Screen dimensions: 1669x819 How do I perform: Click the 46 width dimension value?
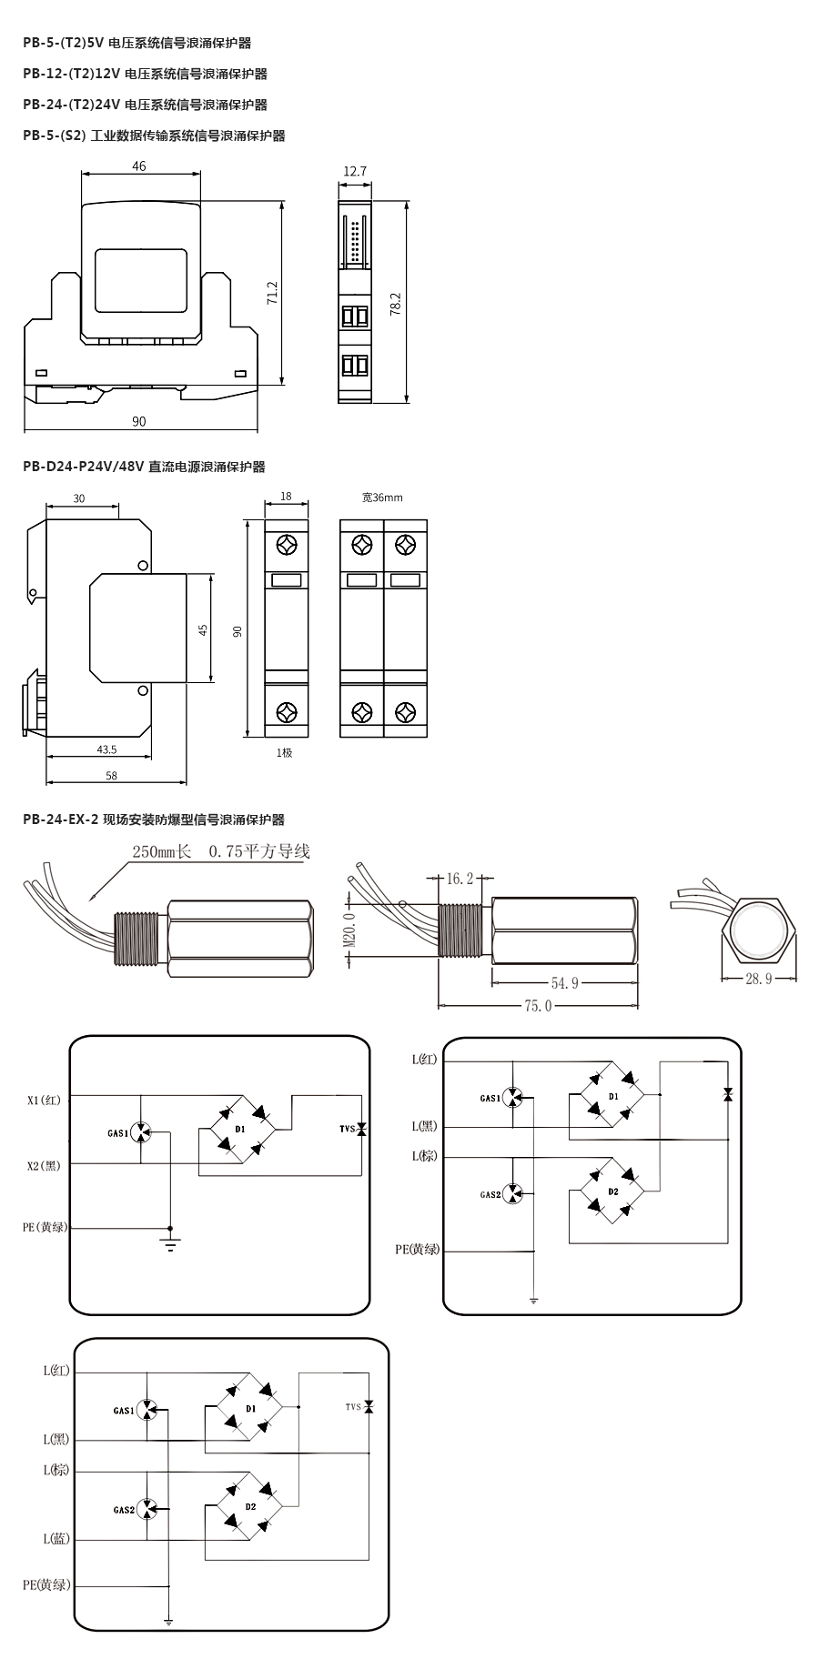pyautogui.click(x=138, y=166)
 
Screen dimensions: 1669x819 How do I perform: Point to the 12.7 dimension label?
pyautogui.click(x=355, y=171)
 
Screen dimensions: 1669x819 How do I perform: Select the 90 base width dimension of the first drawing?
pyautogui.click(x=138, y=421)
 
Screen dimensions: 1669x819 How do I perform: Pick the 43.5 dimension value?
pyautogui.click(x=106, y=749)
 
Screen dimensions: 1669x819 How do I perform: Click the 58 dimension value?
pyautogui.click(x=111, y=776)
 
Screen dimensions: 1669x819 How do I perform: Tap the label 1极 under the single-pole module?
pyautogui.click(x=285, y=752)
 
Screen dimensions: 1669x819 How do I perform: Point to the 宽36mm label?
pyautogui.click(x=381, y=498)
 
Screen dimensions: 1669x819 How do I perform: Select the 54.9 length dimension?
pyautogui.click(x=564, y=982)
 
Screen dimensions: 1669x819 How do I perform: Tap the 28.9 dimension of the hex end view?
pyautogui.click(x=758, y=979)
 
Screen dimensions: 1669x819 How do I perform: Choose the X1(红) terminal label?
pyautogui.click(x=44, y=1100)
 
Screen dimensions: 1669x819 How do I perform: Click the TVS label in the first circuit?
pyautogui.click(x=346, y=1129)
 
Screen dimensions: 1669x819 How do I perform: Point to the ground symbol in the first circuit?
pyautogui.click(x=170, y=1242)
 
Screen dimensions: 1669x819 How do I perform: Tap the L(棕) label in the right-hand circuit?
pyautogui.click(x=424, y=1155)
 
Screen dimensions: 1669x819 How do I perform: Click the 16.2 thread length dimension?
pyautogui.click(x=460, y=879)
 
